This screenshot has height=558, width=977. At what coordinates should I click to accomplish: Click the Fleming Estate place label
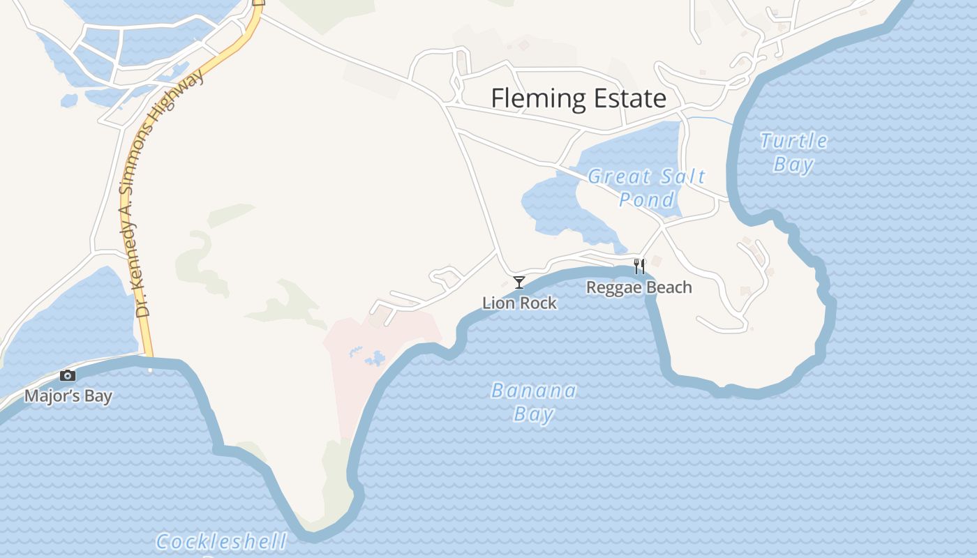[x=579, y=98]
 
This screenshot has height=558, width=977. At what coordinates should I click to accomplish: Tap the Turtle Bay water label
[x=793, y=152]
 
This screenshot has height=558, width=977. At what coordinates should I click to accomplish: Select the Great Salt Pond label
[x=647, y=188]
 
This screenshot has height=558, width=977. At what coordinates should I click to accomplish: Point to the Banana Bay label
[x=534, y=402]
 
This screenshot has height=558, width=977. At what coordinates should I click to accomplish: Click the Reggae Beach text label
[x=639, y=287]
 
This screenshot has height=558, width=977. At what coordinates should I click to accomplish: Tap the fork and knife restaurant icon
[x=639, y=266]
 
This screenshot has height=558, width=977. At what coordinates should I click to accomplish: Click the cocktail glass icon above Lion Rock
[x=519, y=282]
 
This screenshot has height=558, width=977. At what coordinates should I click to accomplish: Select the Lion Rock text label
[x=519, y=303]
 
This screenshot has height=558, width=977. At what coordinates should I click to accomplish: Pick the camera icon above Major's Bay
[x=68, y=376]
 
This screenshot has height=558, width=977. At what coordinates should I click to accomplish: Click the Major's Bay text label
[x=68, y=397]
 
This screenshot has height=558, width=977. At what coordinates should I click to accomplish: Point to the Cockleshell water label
[x=221, y=541]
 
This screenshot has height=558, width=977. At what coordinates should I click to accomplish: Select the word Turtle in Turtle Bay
[x=793, y=141]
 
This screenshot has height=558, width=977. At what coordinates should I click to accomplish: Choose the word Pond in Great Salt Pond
[x=647, y=199]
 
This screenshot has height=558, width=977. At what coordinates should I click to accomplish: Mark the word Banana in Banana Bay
[x=534, y=391]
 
